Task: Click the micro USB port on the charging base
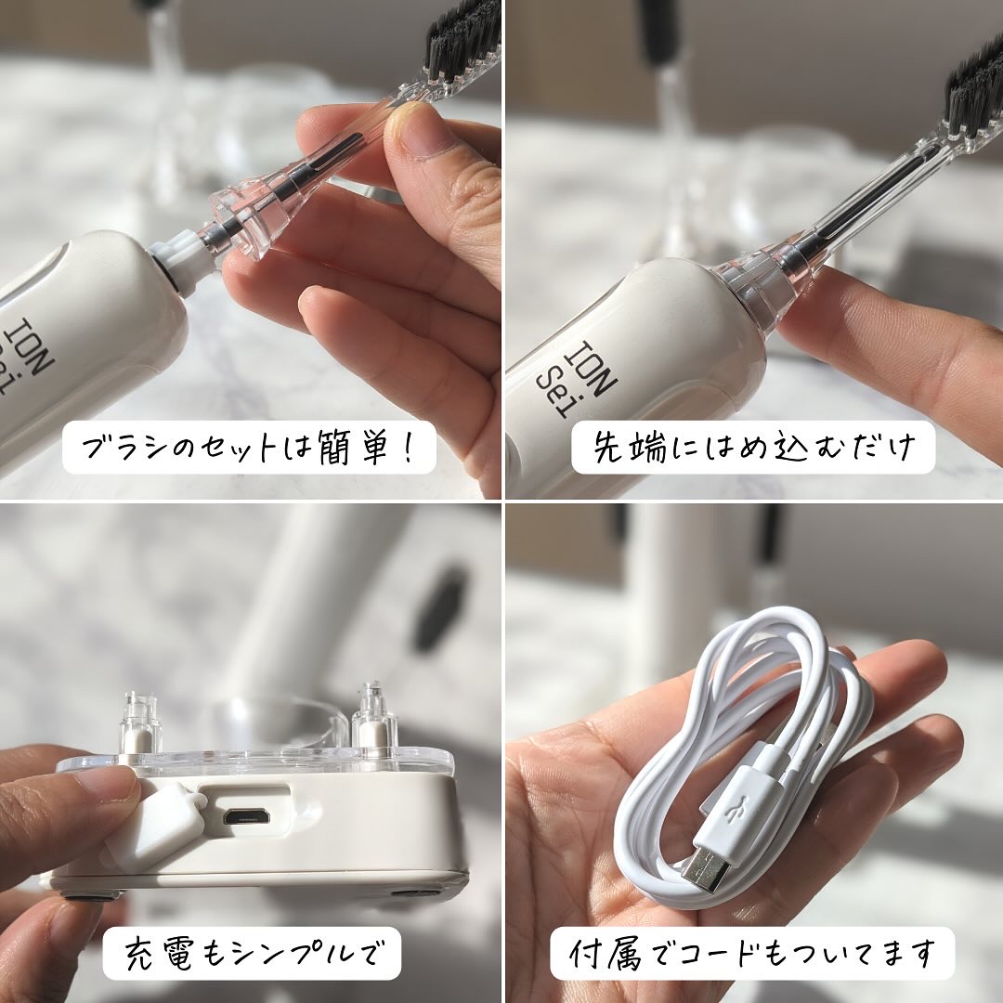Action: click(246, 816)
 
